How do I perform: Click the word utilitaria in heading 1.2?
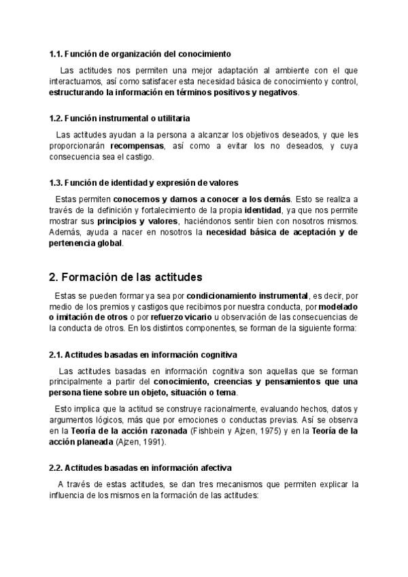[x=169, y=118]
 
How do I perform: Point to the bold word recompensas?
[x=137, y=146]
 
